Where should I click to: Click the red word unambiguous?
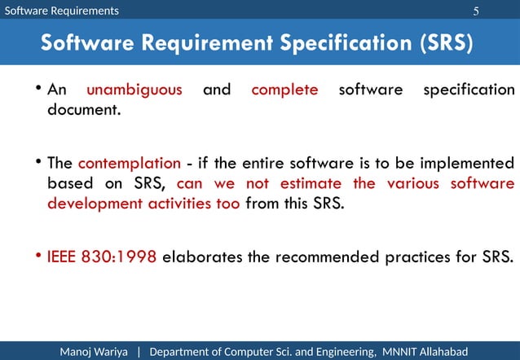[x=134, y=90]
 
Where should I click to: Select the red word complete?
[x=284, y=90]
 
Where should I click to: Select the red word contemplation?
[x=129, y=163]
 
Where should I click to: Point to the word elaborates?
[x=202, y=258]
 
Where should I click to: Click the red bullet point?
[x=39, y=257]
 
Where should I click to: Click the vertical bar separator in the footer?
[x=139, y=351]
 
